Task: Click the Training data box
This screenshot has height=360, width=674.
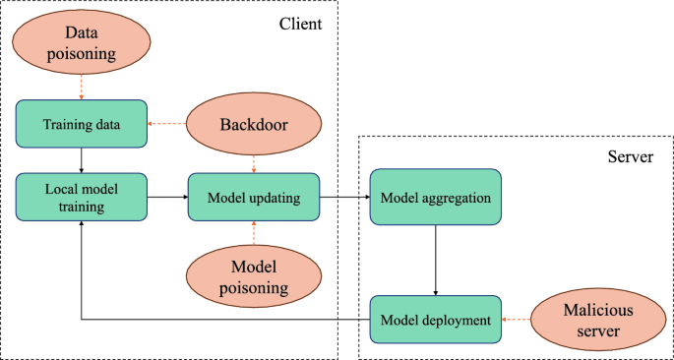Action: coord(81,124)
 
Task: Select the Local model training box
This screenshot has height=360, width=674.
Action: coord(81,196)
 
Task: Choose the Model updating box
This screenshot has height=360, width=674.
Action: coord(254,197)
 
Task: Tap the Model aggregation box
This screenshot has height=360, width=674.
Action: coord(435,197)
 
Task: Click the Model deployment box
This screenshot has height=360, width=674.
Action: coord(435,320)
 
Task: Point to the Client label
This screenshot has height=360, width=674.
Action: coord(300,21)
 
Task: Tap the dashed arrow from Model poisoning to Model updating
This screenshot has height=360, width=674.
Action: coord(254,233)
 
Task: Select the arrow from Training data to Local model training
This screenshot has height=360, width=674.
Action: coord(81,160)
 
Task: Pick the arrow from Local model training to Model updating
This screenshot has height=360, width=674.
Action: coord(167,197)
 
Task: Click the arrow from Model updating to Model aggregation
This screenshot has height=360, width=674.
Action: coord(344,197)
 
